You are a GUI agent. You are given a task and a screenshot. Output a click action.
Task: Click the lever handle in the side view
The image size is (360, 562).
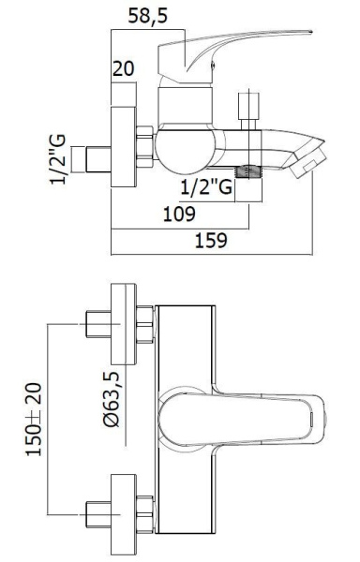(234, 47)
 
